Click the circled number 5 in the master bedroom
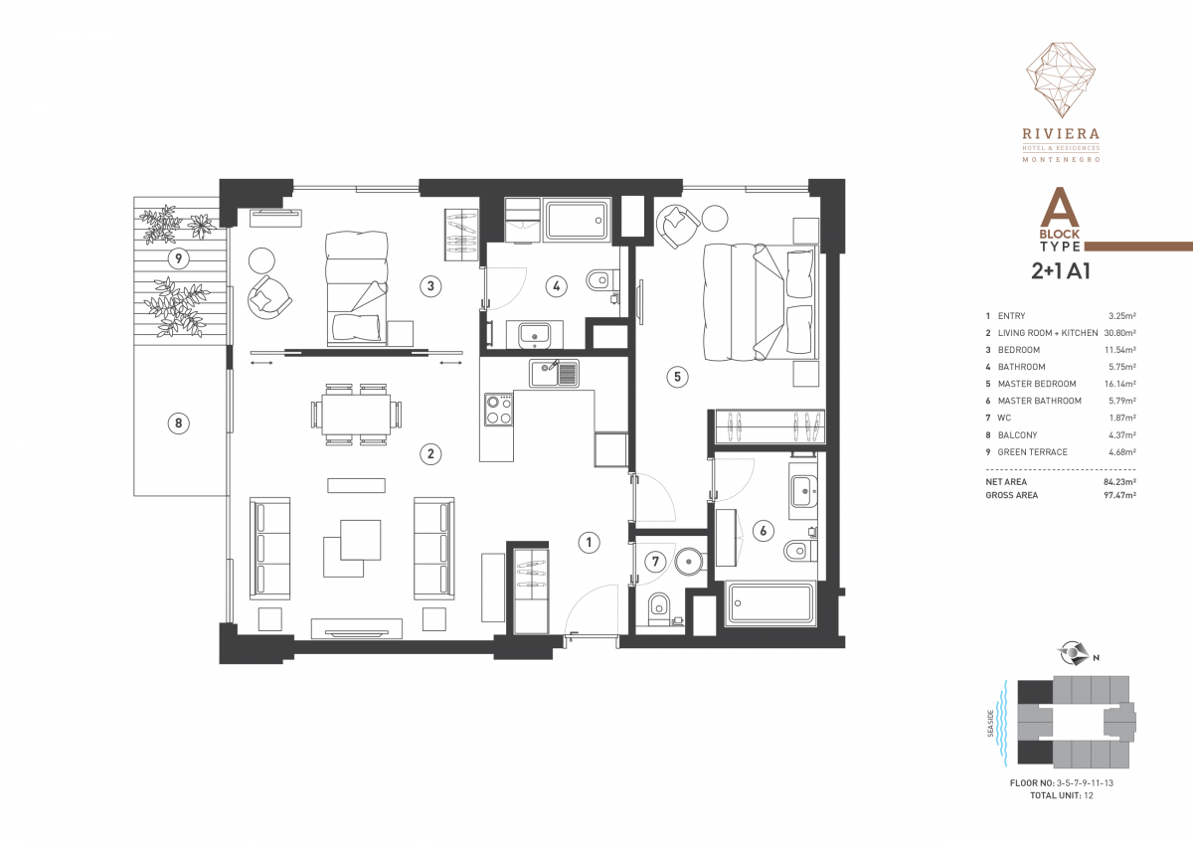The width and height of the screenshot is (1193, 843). [x=677, y=377]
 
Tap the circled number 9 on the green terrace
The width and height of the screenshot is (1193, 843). [x=178, y=258]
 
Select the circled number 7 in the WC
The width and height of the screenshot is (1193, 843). [x=655, y=562]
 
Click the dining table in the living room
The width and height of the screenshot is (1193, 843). [x=356, y=415]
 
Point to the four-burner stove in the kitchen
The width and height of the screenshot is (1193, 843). [x=499, y=410]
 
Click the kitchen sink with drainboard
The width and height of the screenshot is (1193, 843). [x=554, y=373]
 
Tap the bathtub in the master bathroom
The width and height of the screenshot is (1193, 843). [x=770, y=603]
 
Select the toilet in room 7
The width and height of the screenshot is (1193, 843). [x=660, y=609]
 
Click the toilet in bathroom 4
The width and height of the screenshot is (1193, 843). [x=602, y=278]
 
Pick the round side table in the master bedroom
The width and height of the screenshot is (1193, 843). [x=714, y=218]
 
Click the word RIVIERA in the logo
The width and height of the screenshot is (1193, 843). [x=1061, y=134]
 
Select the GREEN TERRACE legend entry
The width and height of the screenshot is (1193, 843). [x=1032, y=452]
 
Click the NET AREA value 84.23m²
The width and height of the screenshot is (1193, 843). [x=1120, y=482]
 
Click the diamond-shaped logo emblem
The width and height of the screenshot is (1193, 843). [x=1061, y=80]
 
